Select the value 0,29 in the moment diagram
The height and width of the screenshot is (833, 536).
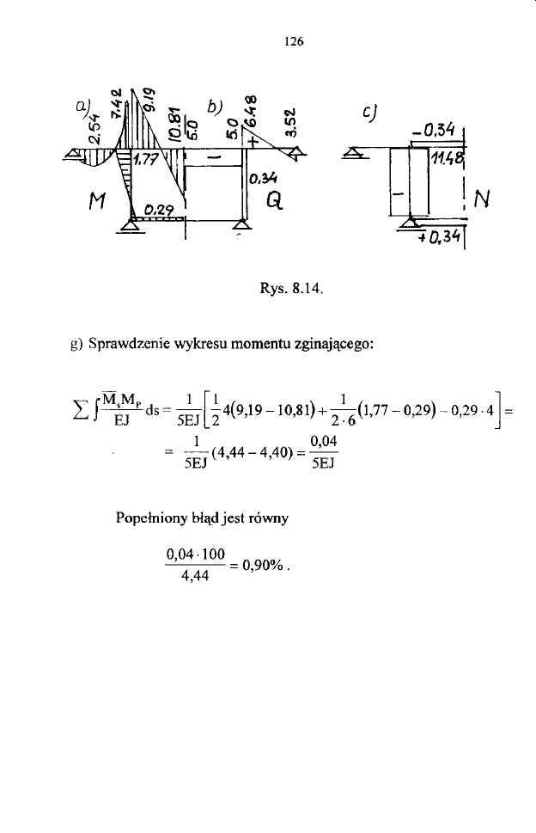point(158,209)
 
